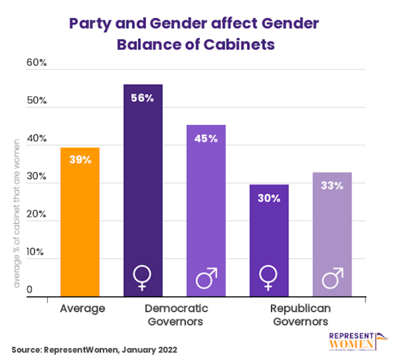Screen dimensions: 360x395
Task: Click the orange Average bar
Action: pyautogui.click(x=80, y=221)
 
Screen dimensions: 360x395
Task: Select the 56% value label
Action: pyautogui.click(x=143, y=98)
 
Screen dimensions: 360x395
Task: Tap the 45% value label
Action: pyautogui.click(x=206, y=138)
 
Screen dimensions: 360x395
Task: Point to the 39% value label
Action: pyautogui.click(x=80, y=159)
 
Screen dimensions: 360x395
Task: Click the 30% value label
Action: pyautogui.click(x=269, y=198)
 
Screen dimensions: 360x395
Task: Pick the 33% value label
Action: pyautogui.click(x=332, y=186)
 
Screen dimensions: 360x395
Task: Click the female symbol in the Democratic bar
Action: pyautogui.click(x=142, y=278)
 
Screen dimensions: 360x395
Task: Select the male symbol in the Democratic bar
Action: pyautogui.click(x=206, y=278)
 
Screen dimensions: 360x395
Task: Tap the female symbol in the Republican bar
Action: pyautogui.click(x=268, y=278)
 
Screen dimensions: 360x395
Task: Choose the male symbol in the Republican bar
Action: pyautogui.click(x=333, y=278)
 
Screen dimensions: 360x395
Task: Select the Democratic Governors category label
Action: pyautogui.click(x=176, y=315)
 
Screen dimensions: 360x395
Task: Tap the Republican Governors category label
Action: pyautogui.click(x=300, y=315)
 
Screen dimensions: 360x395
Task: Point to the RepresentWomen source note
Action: pyautogui.click(x=94, y=349)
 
